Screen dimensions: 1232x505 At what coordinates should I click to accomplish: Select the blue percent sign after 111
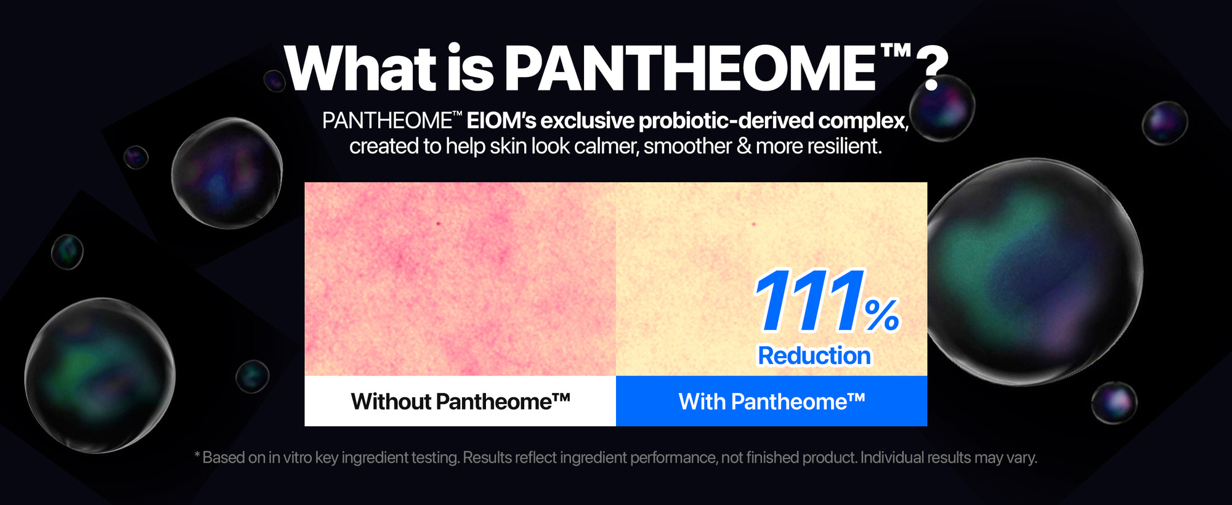point(882,315)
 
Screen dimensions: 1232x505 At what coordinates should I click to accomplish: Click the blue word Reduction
point(814,355)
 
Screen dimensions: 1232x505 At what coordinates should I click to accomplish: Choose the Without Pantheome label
point(460,402)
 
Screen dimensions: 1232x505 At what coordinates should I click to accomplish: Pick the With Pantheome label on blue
point(772,402)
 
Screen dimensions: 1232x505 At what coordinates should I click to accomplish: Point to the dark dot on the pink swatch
point(439,224)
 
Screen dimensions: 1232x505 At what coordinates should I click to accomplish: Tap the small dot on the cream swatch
point(754,224)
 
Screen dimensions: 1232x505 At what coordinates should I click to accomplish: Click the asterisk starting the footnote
point(197,454)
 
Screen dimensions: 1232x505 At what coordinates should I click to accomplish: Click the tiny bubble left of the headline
point(274,81)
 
